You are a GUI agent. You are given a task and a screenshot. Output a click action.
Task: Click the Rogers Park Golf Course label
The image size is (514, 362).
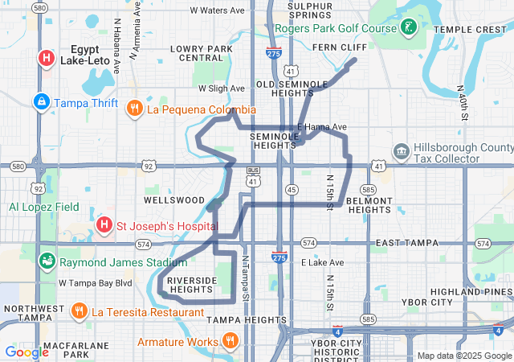pos(336,28)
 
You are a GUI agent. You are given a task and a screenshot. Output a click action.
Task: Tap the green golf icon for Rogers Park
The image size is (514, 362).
pos(410,28)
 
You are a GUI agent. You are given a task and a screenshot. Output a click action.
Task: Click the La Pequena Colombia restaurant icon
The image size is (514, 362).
pos(135,109)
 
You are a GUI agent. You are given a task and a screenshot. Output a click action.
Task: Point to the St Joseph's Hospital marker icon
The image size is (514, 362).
pos(104,223)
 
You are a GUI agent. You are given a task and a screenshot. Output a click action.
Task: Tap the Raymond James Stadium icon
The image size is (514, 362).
pos(47,261)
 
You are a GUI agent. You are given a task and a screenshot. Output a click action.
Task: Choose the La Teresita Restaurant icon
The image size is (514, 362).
pos(79,311)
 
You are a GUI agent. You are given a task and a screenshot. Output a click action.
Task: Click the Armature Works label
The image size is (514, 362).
pos(180,342)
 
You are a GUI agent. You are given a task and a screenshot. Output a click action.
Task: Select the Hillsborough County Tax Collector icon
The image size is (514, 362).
pos(401,151)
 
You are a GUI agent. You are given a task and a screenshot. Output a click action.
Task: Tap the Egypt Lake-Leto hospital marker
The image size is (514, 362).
pos(47,58)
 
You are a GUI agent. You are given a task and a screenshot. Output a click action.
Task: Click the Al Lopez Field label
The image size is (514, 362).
pos(44,207)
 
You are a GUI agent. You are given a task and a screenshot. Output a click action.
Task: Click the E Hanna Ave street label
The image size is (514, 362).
pos(322,127)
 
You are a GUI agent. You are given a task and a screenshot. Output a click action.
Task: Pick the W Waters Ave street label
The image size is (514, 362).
pos(217,10)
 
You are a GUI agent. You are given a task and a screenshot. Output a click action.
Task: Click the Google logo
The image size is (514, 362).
pos(27,352)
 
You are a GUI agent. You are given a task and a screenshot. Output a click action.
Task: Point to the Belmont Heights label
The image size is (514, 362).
pos(369,204)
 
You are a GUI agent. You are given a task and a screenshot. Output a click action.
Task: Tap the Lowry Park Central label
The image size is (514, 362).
pos(202,53)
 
